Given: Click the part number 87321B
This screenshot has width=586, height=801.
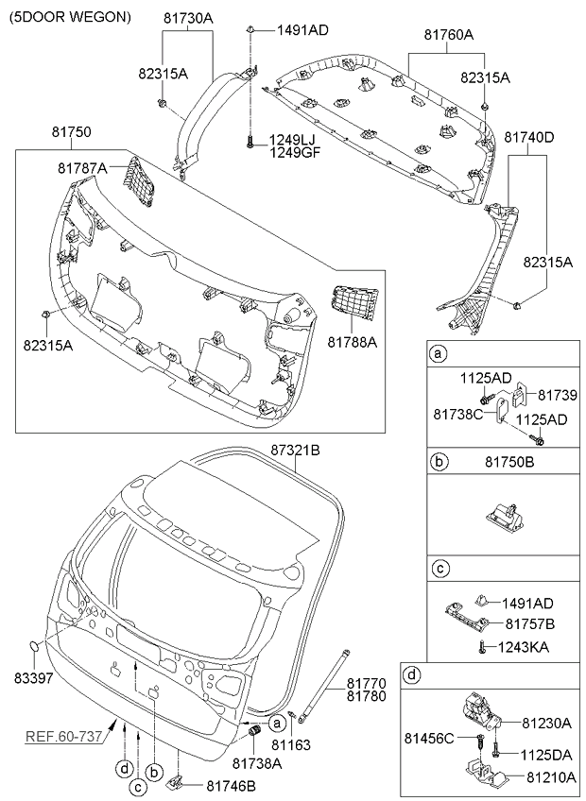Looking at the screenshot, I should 296,451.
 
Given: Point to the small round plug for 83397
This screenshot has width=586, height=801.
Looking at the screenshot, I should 35,646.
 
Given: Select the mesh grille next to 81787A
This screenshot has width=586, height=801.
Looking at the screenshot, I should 137,179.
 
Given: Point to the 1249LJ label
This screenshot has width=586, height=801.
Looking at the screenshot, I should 294,139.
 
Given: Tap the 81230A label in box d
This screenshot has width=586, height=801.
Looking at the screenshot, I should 547,723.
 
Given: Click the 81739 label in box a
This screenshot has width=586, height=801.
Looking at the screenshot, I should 558,393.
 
